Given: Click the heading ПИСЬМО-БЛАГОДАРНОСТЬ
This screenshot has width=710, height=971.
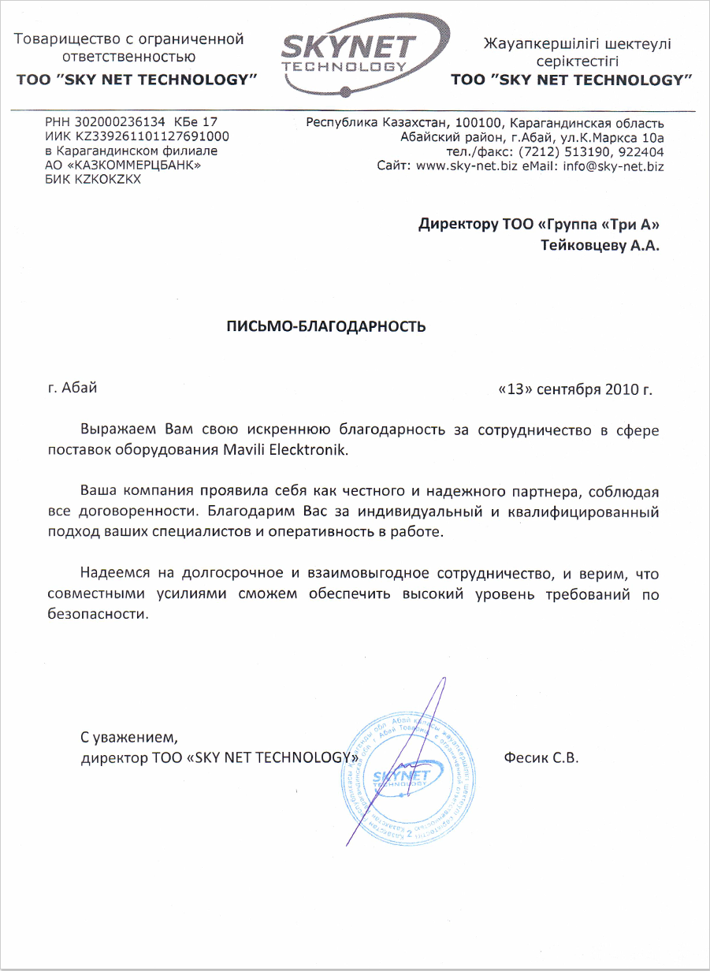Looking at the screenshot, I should click(326, 326).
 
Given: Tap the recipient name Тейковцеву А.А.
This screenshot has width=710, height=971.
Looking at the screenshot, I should click(600, 246).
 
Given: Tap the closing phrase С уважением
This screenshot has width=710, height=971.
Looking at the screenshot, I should click(130, 738).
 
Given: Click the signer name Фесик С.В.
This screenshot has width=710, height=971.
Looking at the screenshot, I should click(541, 759).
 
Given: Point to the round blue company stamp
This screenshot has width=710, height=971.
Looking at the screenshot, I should click(409, 776).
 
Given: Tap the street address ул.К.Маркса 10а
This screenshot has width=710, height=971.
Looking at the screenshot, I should click(609, 138).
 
